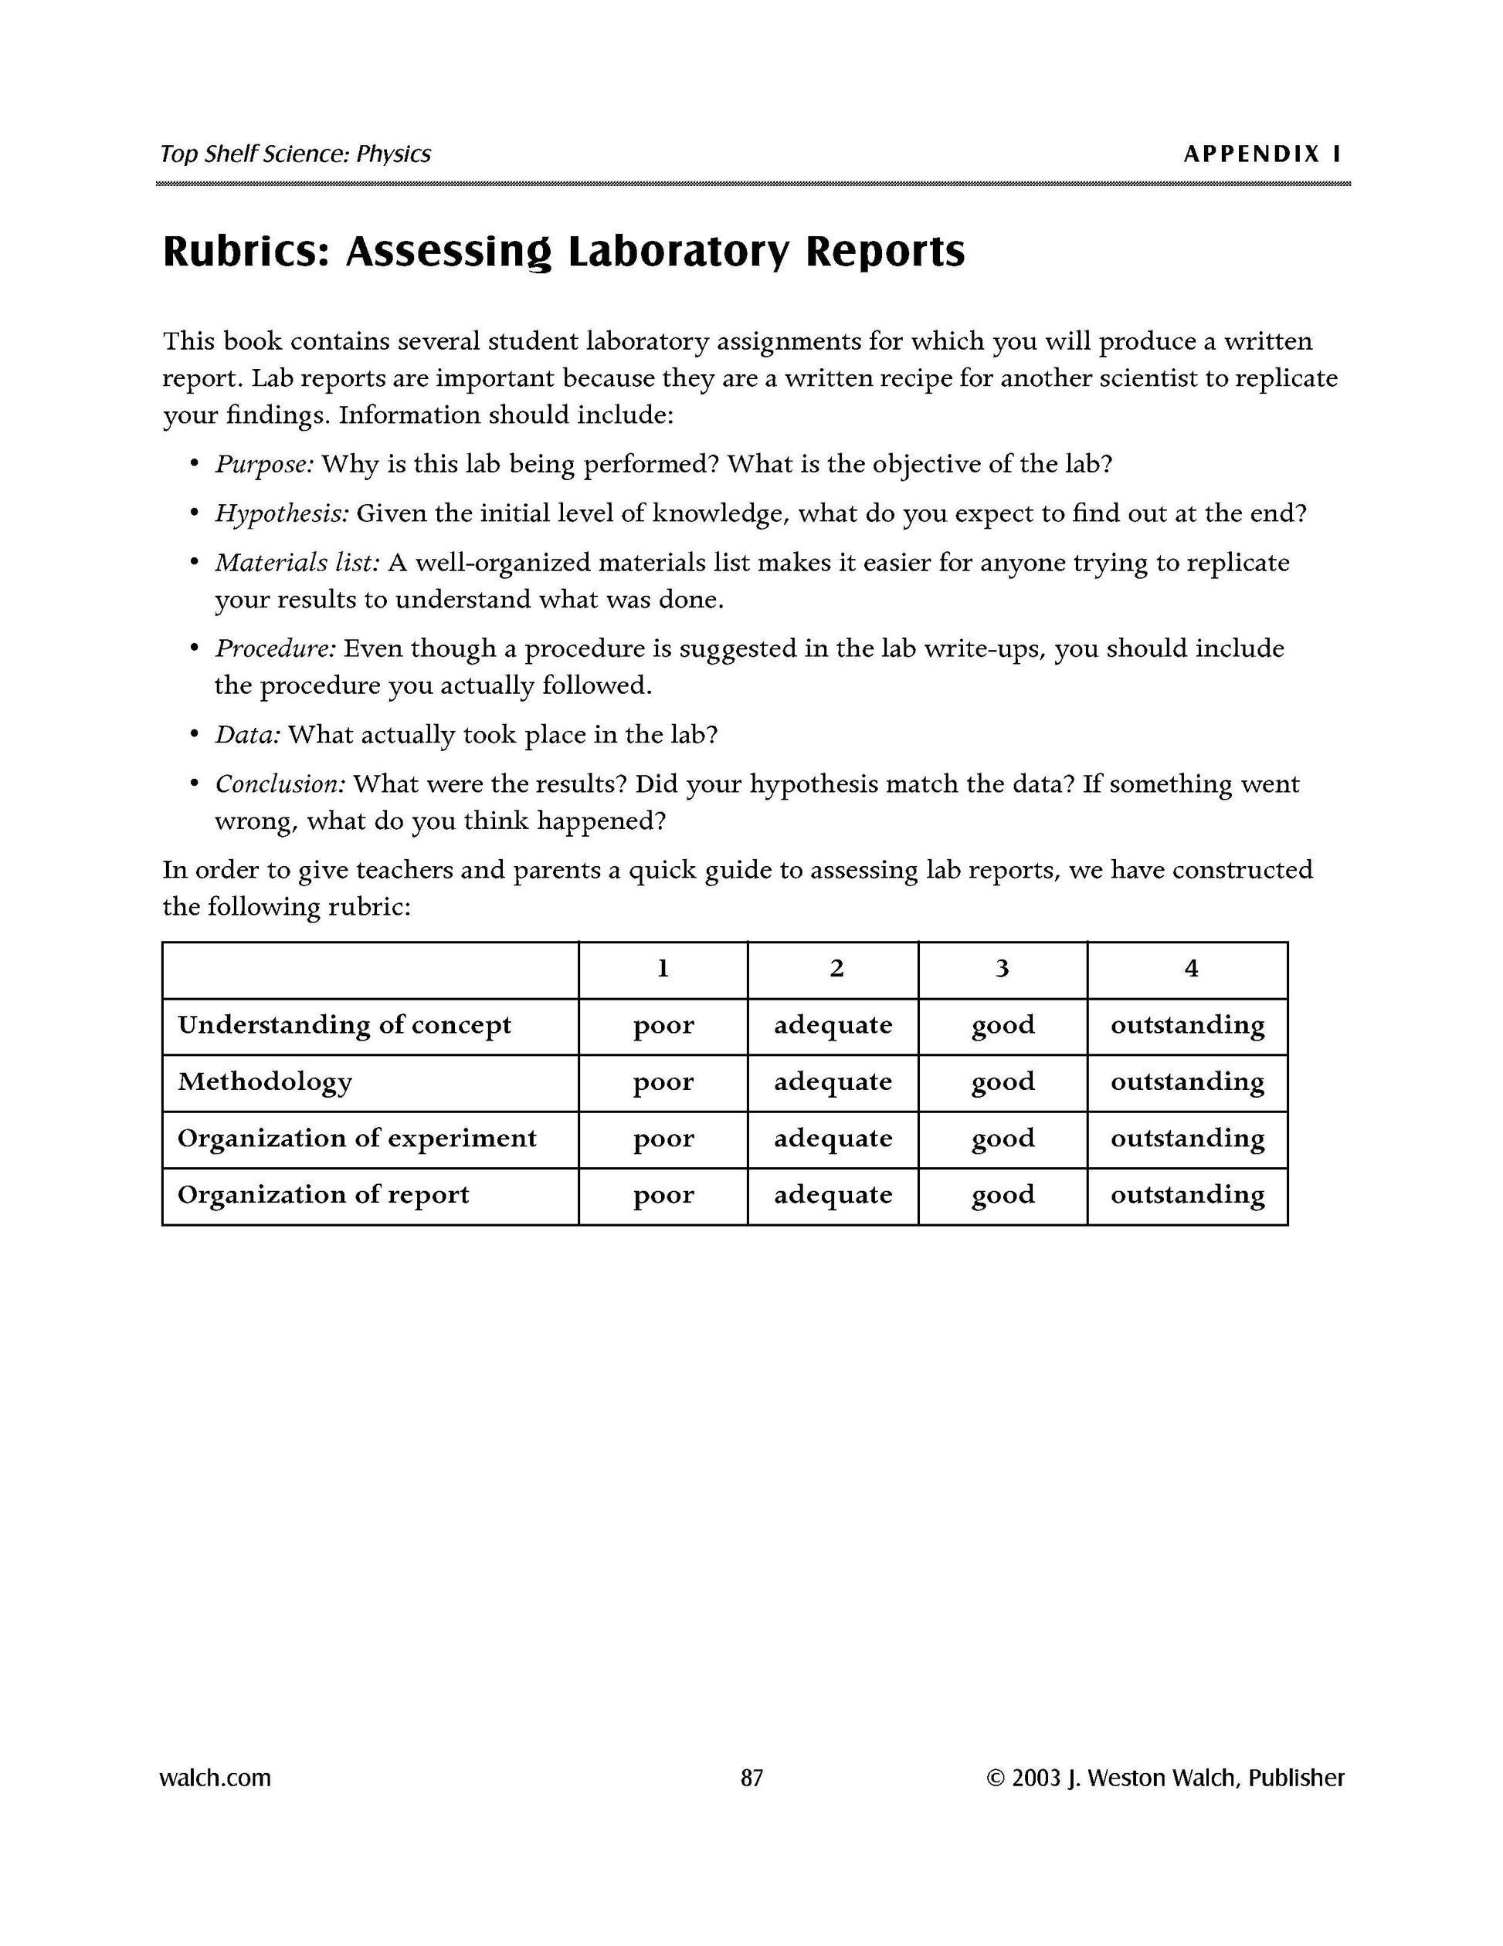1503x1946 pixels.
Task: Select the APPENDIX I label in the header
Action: tap(1261, 154)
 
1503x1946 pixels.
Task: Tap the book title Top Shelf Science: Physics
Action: tap(295, 154)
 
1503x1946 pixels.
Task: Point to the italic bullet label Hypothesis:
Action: tap(282, 514)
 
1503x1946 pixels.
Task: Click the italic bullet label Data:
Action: tap(248, 735)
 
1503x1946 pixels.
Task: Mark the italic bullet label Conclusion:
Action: tap(280, 784)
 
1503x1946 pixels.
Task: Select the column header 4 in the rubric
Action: tap(1191, 969)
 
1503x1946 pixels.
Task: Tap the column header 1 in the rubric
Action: tap(663, 969)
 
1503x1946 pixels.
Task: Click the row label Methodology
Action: tap(265, 1081)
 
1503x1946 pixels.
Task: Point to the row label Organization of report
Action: tap(323, 1195)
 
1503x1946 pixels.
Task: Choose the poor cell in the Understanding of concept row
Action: tap(663, 1026)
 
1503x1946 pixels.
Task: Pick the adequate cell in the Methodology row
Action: tap(833, 1081)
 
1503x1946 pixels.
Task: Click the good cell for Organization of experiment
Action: tap(1003, 1139)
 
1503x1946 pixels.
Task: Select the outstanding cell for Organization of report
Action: tap(1187, 1195)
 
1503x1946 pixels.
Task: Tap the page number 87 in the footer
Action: tap(751, 1778)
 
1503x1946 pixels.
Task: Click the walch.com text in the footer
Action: tap(215, 1778)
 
